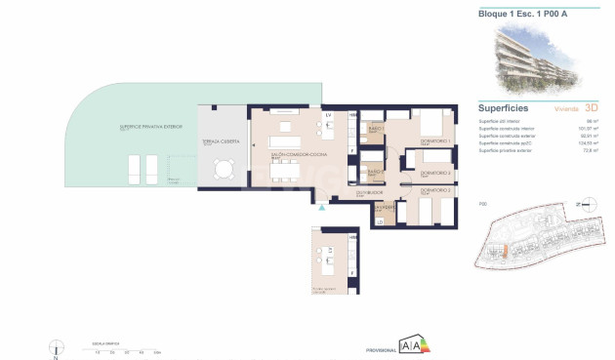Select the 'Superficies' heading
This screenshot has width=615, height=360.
click(x=504, y=108)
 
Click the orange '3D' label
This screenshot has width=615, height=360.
click(x=591, y=109)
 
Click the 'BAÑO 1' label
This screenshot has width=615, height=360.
click(x=374, y=128)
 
